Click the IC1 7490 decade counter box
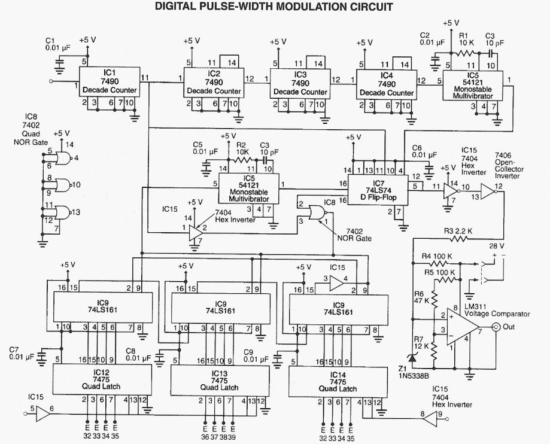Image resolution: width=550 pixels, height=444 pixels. [x=110, y=82]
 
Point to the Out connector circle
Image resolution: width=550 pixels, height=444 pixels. [x=496, y=327]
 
